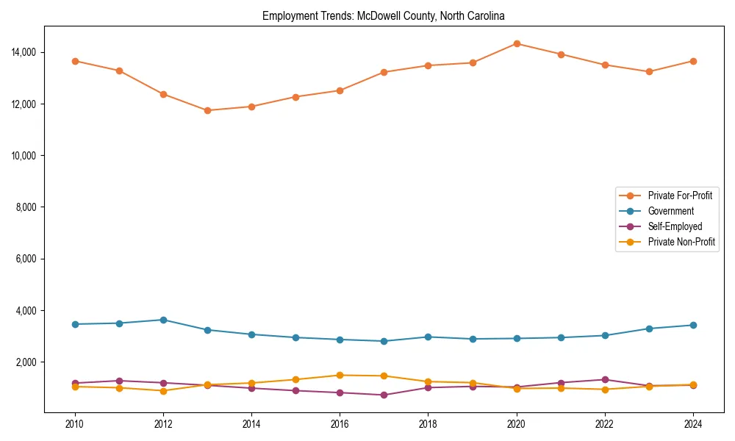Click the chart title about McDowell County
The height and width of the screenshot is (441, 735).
point(384,15)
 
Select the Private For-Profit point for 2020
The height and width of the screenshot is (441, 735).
point(517,43)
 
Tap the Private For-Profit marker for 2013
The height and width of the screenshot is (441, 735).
point(207,110)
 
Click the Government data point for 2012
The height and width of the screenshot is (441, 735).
point(163,320)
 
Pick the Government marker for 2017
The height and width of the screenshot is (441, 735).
point(384,341)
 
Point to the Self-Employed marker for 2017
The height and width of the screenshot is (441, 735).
point(384,395)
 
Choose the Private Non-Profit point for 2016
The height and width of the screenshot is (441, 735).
point(340,375)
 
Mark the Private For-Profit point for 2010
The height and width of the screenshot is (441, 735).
point(75,61)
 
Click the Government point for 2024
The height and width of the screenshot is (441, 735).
point(693,325)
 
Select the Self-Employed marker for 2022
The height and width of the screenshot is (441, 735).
point(605,379)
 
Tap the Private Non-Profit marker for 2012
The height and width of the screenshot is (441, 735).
point(163,391)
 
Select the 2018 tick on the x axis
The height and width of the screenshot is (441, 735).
point(428,424)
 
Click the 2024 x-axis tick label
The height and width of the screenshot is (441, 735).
point(693,424)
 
